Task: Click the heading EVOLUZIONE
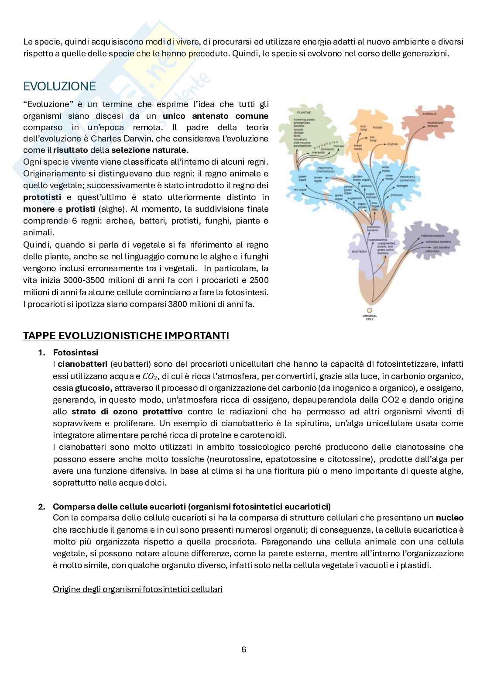tap(59, 86)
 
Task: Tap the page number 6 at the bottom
tap(243, 649)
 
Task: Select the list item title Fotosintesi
tap(75, 352)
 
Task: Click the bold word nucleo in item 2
tap(449, 518)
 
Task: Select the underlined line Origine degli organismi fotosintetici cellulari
tap(137, 589)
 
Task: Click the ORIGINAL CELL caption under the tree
tap(370, 317)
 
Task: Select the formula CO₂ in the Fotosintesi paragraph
tap(149, 376)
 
